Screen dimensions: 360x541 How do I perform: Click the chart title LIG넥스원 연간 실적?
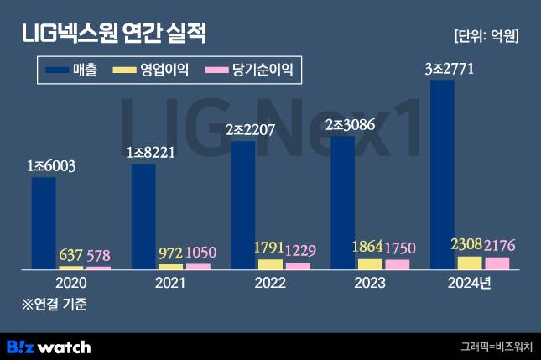[x=113, y=34]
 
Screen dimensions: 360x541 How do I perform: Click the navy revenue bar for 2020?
[x=44, y=223]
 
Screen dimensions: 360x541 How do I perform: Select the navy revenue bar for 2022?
[x=243, y=205]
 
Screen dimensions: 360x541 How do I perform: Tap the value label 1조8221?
[x=152, y=153]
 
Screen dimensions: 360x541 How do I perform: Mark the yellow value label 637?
[x=70, y=256]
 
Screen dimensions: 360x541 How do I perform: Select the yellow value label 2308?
[x=466, y=246]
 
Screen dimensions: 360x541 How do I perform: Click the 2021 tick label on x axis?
[x=169, y=283]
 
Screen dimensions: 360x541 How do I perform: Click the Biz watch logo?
[x=49, y=346]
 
